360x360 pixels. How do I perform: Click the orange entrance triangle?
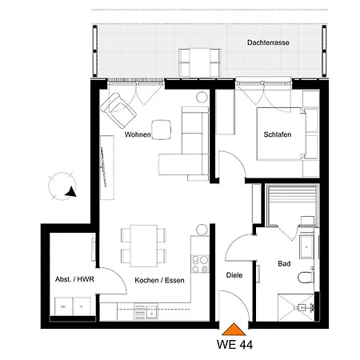[x=234, y=330]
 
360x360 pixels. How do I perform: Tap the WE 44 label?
[x=234, y=345]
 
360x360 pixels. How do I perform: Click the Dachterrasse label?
[x=268, y=42]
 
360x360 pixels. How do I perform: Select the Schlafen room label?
[x=278, y=134]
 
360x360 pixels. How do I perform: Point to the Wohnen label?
[x=138, y=134]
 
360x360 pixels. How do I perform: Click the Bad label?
[x=284, y=264]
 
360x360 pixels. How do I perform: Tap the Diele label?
[x=234, y=275]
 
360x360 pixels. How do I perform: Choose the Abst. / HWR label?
[x=74, y=279]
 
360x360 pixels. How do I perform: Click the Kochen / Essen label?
[x=159, y=280]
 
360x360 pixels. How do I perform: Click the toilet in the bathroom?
[x=306, y=277]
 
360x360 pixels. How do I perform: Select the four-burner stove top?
[x=200, y=264]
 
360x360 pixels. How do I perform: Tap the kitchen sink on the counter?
[x=151, y=311]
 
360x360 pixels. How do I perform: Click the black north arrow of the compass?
[x=71, y=192]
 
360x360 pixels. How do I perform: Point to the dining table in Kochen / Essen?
[x=144, y=246]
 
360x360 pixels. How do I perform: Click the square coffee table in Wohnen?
[x=162, y=130]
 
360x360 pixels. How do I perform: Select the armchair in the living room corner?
[x=118, y=110]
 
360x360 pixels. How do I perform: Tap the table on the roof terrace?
[x=200, y=62]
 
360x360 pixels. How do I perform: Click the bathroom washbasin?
[x=306, y=247]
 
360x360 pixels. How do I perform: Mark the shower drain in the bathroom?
[x=302, y=307]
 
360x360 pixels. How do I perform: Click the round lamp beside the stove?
[x=202, y=230]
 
